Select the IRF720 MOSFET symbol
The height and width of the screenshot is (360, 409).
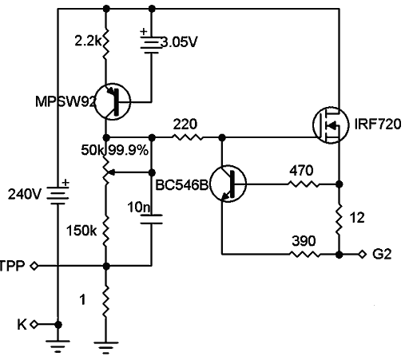(329, 125)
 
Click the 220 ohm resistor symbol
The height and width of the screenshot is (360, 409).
(188, 137)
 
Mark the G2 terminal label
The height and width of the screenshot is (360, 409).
(382, 254)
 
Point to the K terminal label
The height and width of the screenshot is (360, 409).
(22, 323)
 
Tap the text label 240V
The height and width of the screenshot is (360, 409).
(23, 194)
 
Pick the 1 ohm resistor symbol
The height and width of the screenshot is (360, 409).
(106, 307)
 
